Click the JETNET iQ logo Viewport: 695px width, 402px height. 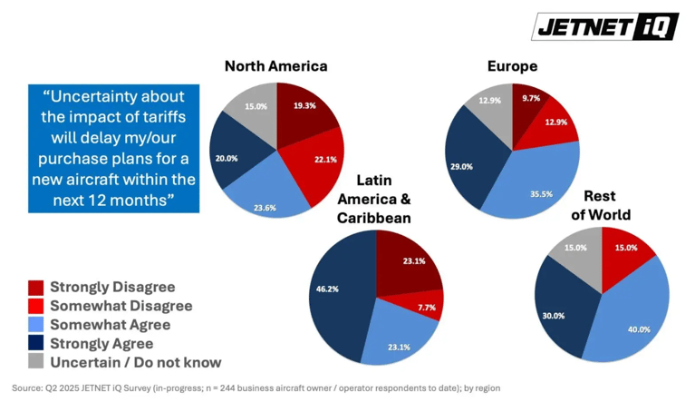pos(605,26)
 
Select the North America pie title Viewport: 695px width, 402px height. pos(276,66)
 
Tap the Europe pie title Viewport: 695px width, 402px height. pos(512,66)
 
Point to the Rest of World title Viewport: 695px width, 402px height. pos(601,205)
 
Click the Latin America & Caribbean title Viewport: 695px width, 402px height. pos(374,199)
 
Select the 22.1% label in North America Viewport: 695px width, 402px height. pos(326,160)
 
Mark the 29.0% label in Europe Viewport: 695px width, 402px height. pos(461,167)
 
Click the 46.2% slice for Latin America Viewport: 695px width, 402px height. pos(337,293)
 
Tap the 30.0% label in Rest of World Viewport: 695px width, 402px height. pos(554,316)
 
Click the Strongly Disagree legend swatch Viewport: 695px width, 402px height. pos(36,288)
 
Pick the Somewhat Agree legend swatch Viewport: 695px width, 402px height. pos(36,325)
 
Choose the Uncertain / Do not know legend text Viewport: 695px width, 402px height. pos(136,362)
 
